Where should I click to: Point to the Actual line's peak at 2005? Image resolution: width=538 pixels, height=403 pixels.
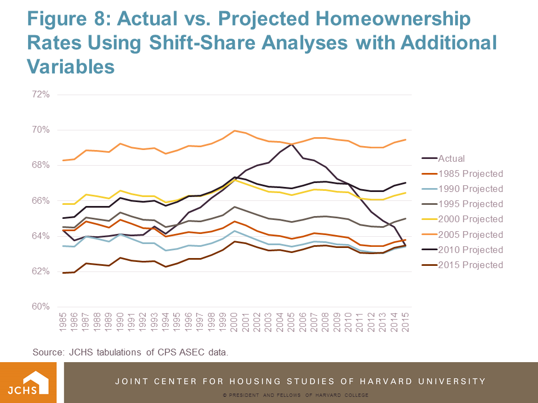tap(291, 144)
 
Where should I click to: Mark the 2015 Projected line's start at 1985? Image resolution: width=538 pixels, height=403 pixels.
tap(63, 273)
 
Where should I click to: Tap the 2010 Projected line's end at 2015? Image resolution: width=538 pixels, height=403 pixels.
tap(405, 183)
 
